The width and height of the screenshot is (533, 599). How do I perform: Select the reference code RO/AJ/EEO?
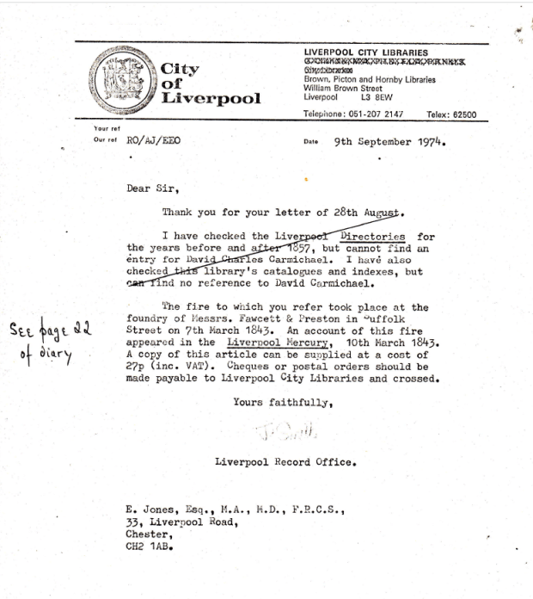[x=154, y=142]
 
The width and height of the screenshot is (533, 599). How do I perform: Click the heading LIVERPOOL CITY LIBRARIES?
[x=365, y=52]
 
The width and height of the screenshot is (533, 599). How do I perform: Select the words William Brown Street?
[x=342, y=89]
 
